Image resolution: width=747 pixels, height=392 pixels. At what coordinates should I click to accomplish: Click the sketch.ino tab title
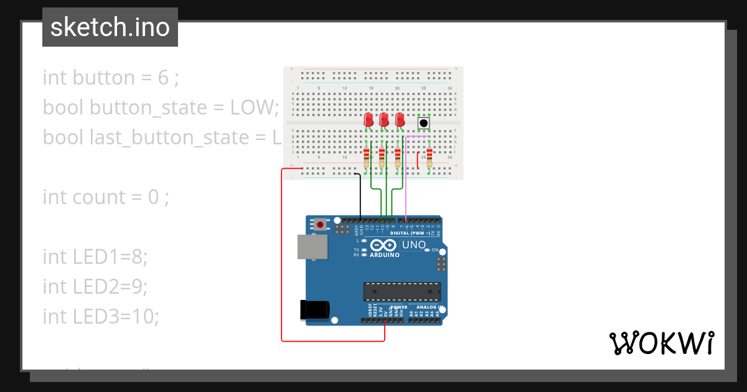coord(110,27)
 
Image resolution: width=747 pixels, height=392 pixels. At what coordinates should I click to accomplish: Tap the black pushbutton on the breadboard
coord(423,123)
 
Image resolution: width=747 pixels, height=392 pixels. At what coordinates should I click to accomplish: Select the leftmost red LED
coord(369,119)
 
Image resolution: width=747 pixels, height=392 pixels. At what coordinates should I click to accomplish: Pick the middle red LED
coord(384,119)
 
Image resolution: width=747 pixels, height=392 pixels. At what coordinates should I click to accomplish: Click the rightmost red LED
coord(400,119)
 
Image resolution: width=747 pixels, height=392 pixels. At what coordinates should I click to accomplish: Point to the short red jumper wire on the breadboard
coord(418,161)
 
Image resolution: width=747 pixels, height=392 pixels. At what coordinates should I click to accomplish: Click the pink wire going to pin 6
coord(406,180)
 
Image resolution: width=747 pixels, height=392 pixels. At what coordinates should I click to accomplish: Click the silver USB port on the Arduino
coord(312,246)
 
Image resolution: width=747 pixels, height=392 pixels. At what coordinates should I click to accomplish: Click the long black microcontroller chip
coord(402,291)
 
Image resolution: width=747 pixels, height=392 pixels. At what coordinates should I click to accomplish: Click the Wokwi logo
coord(660,343)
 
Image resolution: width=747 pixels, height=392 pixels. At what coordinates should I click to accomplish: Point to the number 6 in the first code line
coord(163,78)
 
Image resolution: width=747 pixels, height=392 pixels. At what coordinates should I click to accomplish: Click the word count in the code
coord(99,197)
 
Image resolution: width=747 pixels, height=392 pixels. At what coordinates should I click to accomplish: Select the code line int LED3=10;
coord(101,317)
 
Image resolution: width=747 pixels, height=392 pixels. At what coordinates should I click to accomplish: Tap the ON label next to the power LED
coord(436,250)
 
